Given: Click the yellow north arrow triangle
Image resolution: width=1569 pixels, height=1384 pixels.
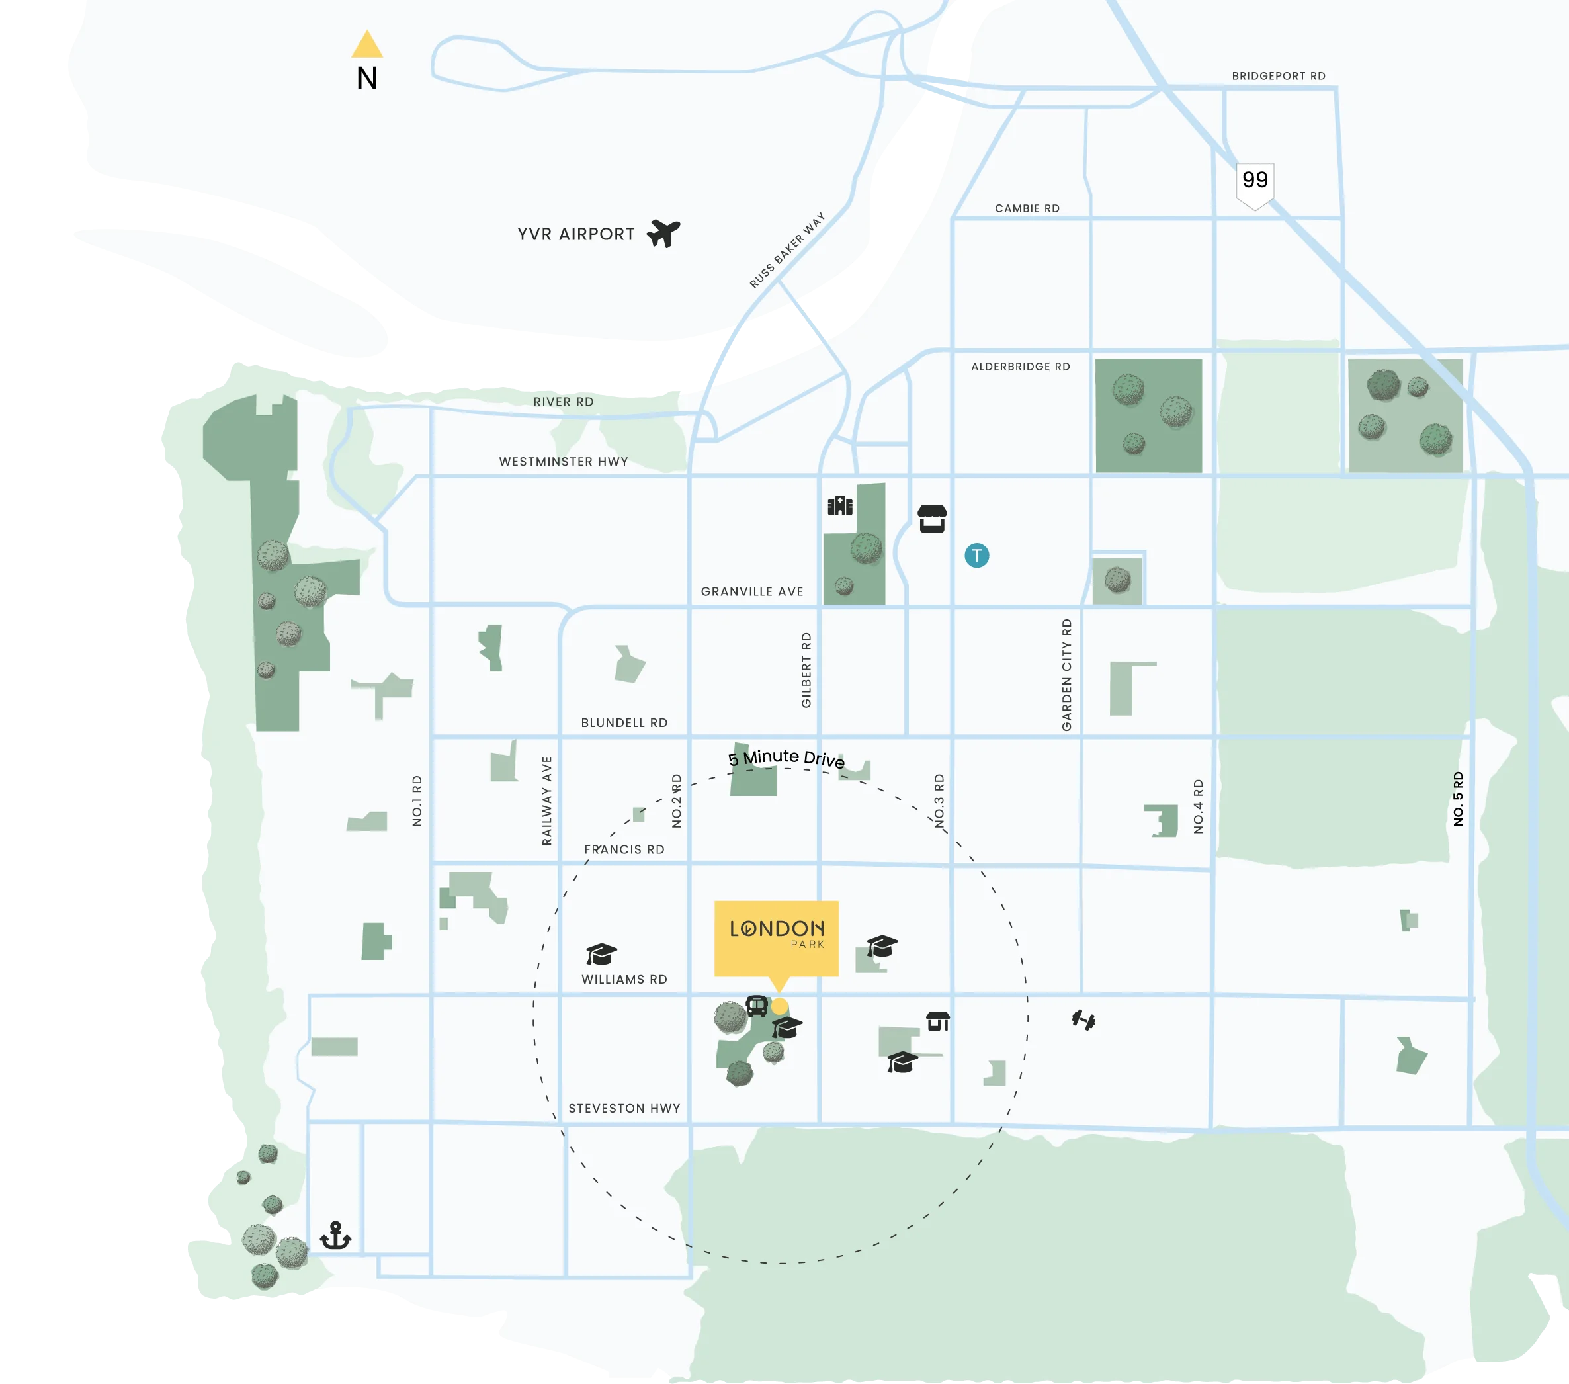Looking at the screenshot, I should click(x=367, y=45).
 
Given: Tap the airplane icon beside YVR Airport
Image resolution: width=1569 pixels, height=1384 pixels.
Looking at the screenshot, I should click(x=663, y=233).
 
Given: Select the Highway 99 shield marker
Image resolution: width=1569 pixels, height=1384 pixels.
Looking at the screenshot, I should click(x=1255, y=184).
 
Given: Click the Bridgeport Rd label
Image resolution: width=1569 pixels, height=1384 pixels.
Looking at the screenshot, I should click(x=1278, y=76).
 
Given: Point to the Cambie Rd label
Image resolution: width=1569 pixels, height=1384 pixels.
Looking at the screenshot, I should click(x=1027, y=209).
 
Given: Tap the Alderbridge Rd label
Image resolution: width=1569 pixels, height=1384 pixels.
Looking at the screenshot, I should click(x=1020, y=367).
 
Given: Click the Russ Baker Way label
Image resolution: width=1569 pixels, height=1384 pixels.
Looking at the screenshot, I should click(x=786, y=250).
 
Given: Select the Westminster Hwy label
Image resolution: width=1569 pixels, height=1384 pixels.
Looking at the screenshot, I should click(x=564, y=461).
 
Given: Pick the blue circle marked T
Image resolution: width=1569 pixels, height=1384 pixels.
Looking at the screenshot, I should click(x=976, y=555).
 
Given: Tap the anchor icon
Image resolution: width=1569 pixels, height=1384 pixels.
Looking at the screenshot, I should click(x=335, y=1235).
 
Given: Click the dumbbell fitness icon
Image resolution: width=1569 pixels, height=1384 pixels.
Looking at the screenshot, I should click(x=1083, y=1020).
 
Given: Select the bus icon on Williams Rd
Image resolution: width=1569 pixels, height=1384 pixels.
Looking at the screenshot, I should click(x=756, y=1006).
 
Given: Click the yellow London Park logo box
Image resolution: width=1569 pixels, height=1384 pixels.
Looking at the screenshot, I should click(x=776, y=937).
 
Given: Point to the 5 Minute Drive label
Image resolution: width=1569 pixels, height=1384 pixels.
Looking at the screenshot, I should click(x=786, y=758).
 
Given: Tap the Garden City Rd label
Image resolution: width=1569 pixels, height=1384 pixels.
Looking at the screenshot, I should click(x=1066, y=675).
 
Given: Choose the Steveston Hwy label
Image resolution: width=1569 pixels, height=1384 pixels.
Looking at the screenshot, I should click(x=624, y=1108).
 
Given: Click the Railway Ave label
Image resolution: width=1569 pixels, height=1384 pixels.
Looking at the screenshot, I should click(x=546, y=800).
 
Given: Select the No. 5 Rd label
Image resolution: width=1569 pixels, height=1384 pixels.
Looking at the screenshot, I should click(x=1458, y=799).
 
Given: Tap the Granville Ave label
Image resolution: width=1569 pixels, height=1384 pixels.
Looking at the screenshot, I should click(x=751, y=592).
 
